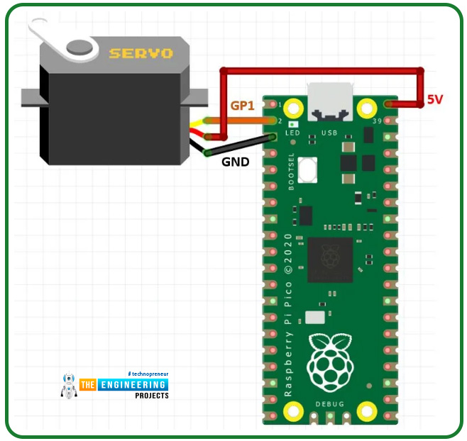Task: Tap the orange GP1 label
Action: tap(243, 105)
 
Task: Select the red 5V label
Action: tap(434, 100)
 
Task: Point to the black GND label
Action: tap(236, 162)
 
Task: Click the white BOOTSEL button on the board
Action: tap(307, 170)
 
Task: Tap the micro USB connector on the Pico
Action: tap(329, 99)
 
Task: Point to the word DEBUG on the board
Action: tap(329, 404)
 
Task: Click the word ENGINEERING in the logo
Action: tap(135, 384)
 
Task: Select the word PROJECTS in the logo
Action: tap(152, 396)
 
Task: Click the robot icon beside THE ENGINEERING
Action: tap(69, 386)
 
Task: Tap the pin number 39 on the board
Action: tap(377, 121)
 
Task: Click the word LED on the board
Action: tap(292, 133)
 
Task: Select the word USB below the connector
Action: tap(329, 133)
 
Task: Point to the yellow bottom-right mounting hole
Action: tap(366, 409)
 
